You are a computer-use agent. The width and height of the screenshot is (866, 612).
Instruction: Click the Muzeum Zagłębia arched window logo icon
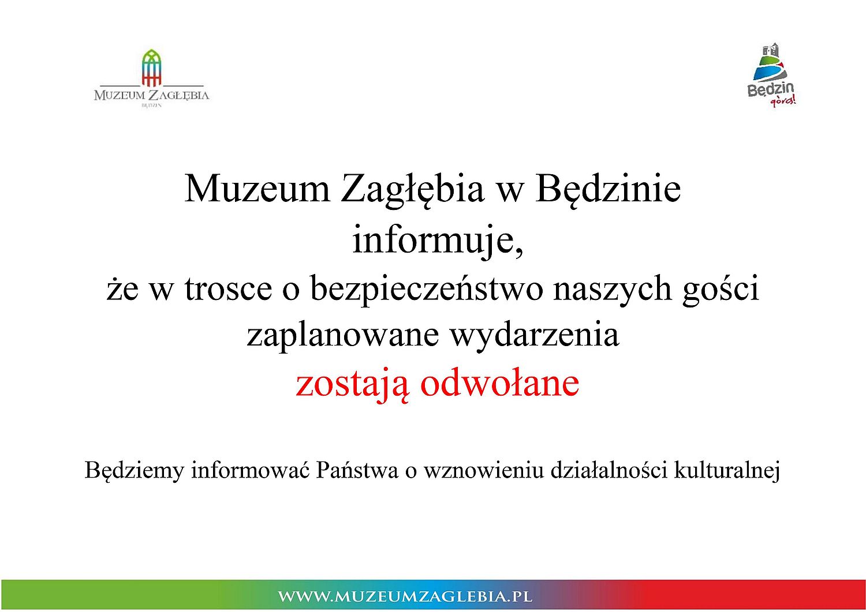pos(151,67)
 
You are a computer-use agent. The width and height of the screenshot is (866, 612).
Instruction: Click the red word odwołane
pos(500,382)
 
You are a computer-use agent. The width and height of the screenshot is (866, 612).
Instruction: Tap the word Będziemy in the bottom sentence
pos(134,471)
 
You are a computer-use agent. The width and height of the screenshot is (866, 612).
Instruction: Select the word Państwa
pos(357,470)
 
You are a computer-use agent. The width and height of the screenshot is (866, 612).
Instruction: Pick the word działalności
pos(609,470)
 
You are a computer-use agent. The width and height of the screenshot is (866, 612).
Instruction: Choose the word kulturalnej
pos(727,471)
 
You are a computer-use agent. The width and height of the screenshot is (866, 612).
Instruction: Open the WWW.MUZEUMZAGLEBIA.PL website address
pos(405,596)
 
